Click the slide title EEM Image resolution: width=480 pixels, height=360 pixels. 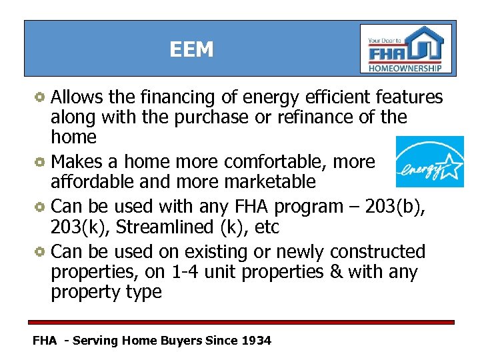click(191, 50)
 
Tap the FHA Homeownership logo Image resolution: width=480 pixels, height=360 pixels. click(405, 49)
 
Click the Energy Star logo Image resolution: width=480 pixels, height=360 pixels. click(430, 161)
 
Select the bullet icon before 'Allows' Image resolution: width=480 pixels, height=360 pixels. click(41, 97)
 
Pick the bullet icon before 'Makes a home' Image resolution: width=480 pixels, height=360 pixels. click(41, 162)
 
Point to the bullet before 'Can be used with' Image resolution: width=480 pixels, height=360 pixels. click(41, 207)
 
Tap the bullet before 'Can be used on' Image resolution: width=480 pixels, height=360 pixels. click(41, 252)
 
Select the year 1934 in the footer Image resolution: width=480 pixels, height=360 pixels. click(257, 341)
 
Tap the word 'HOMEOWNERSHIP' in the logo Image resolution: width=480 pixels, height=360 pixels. click(405, 68)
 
